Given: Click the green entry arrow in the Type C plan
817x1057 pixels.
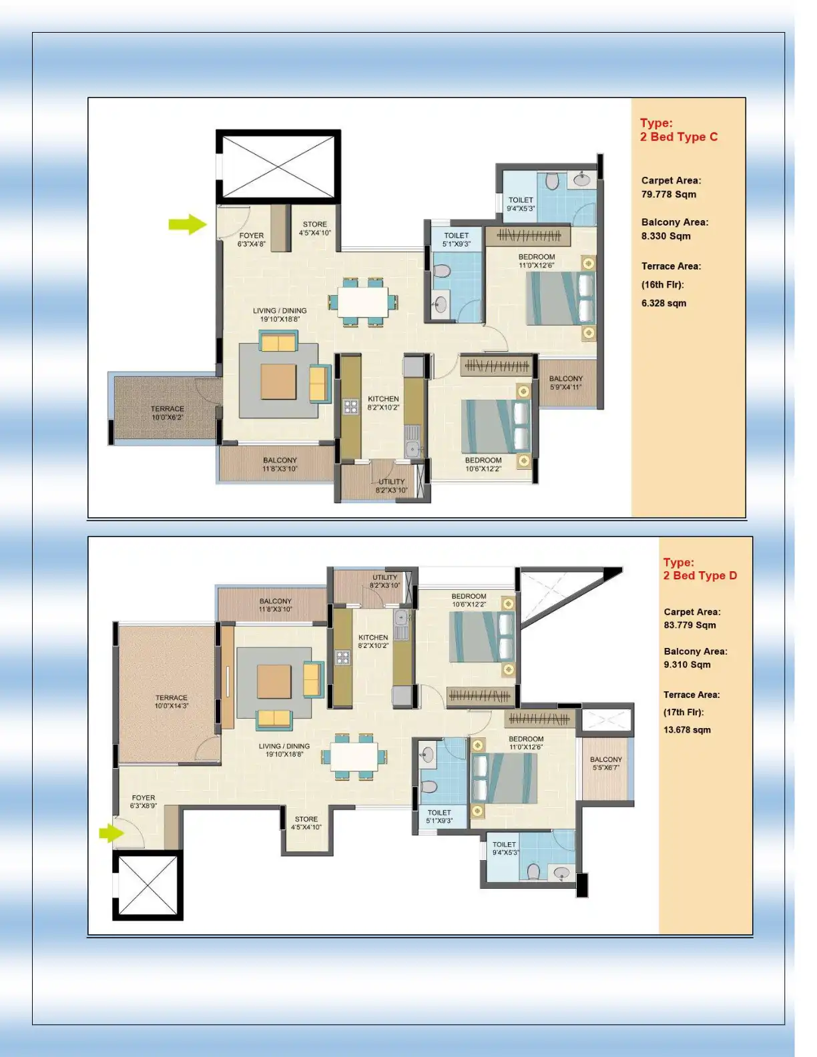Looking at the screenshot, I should click(188, 224).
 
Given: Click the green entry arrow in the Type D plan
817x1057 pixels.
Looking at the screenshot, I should click(111, 833).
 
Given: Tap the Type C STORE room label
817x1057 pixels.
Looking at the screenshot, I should click(314, 229).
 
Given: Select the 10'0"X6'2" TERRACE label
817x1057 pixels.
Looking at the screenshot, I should click(167, 413).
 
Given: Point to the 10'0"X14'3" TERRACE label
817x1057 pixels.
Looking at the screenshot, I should click(172, 701).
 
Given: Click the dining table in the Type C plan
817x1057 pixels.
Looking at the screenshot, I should click(362, 302).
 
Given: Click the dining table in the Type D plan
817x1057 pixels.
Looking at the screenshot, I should click(354, 757).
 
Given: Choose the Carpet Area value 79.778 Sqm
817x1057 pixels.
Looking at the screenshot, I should click(668, 194).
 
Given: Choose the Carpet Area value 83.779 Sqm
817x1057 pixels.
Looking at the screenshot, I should click(690, 625).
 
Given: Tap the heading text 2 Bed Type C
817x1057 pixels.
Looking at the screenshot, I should click(678, 137).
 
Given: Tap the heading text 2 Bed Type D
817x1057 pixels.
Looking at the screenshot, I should click(700, 575).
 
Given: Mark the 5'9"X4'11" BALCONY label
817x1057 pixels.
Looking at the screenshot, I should click(565, 382).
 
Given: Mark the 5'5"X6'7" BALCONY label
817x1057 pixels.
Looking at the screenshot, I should click(605, 763).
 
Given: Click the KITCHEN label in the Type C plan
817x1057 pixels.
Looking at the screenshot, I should click(383, 402).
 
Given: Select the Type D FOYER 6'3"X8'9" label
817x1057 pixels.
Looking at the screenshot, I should click(144, 801).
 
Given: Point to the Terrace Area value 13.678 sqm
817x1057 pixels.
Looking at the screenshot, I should click(687, 729).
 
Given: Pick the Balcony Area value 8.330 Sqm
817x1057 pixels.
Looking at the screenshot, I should click(665, 236).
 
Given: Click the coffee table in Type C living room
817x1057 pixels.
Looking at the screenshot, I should click(278, 382).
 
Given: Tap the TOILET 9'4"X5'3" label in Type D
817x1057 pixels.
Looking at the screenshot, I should click(505, 848).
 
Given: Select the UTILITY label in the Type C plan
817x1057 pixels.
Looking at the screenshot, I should click(391, 485).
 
